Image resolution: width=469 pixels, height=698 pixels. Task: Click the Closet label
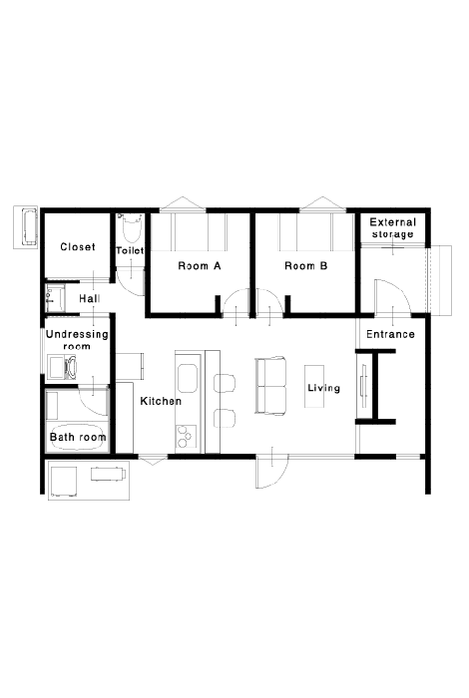78,246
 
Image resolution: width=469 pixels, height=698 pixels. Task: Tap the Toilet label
130,250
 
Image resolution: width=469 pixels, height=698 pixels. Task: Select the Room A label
200,266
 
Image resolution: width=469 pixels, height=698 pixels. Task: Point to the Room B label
306,266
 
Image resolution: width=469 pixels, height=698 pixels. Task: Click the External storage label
393,228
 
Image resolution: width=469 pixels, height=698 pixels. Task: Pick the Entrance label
390,334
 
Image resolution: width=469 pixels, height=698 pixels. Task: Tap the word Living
323,388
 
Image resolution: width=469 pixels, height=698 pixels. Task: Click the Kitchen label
161,401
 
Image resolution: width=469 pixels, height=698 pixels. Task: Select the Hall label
89,298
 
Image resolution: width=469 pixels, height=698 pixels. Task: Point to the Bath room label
78,437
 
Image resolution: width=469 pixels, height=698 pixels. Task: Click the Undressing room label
77,340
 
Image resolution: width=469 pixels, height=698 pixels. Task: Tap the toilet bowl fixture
130,228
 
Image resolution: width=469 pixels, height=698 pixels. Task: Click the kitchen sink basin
188,378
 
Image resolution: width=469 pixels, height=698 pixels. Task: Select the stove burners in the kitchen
187,437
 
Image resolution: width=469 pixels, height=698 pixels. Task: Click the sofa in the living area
270,386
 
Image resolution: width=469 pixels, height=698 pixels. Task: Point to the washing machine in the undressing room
62,367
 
